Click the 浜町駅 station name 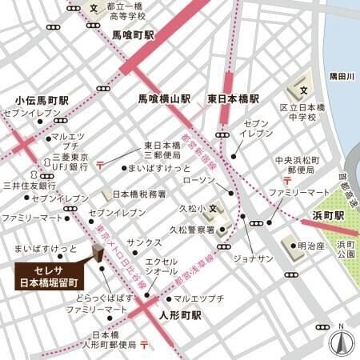[326, 216]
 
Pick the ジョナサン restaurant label [255, 260]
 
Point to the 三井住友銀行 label [26, 185]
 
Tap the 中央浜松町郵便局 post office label [296, 164]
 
